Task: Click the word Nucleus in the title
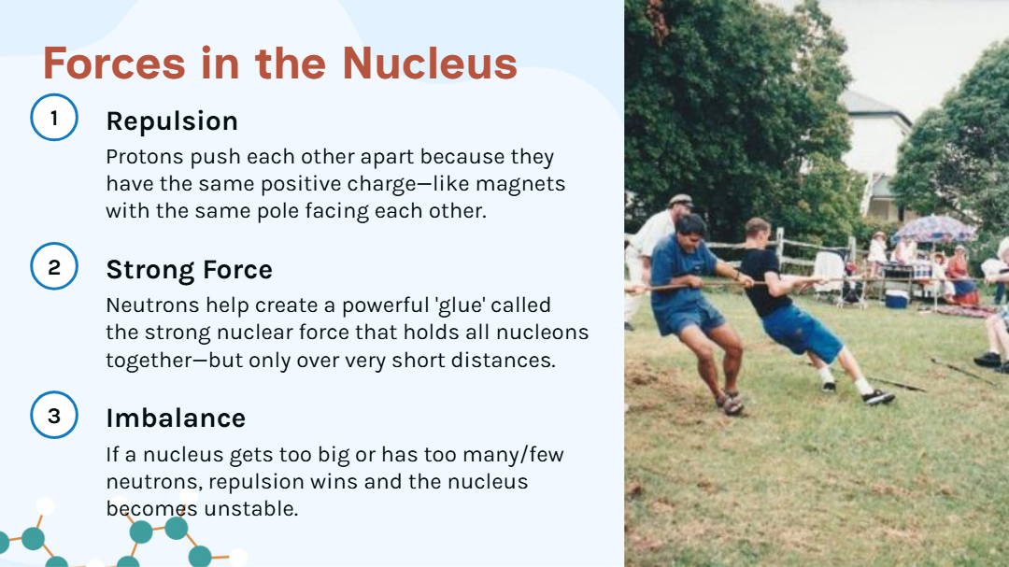[x=429, y=64]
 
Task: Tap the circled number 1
[x=54, y=118]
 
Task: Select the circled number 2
[x=54, y=266]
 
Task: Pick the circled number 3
[x=54, y=415]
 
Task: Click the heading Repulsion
[x=172, y=121]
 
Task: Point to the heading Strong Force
[x=189, y=270]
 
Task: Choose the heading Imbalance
[x=176, y=418]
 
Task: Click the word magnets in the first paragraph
[x=520, y=184]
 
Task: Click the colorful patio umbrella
[x=932, y=228]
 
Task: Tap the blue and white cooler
[x=896, y=298]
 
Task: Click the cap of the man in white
[x=680, y=200]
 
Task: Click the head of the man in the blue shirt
[x=691, y=229]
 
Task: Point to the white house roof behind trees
[x=874, y=107]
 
